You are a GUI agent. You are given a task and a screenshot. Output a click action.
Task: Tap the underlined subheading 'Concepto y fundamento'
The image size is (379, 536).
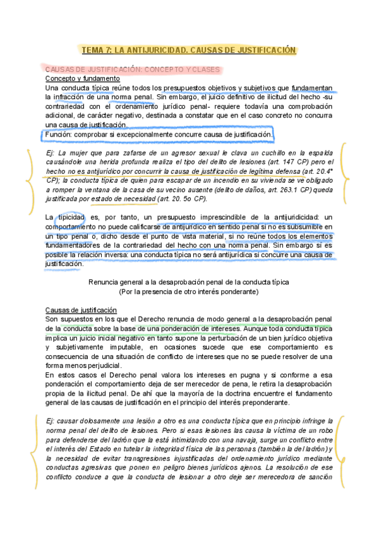click(x=79, y=78)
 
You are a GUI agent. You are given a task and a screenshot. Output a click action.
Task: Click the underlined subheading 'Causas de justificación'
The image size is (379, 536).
click(x=81, y=310)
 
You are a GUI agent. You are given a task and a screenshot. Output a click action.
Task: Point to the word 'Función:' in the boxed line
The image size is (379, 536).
click(x=63, y=135)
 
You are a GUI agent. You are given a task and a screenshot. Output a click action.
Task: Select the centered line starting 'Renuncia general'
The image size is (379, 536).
click(x=189, y=283)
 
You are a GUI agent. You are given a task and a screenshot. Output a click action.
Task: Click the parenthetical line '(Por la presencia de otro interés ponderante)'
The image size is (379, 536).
click(x=189, y=292)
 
